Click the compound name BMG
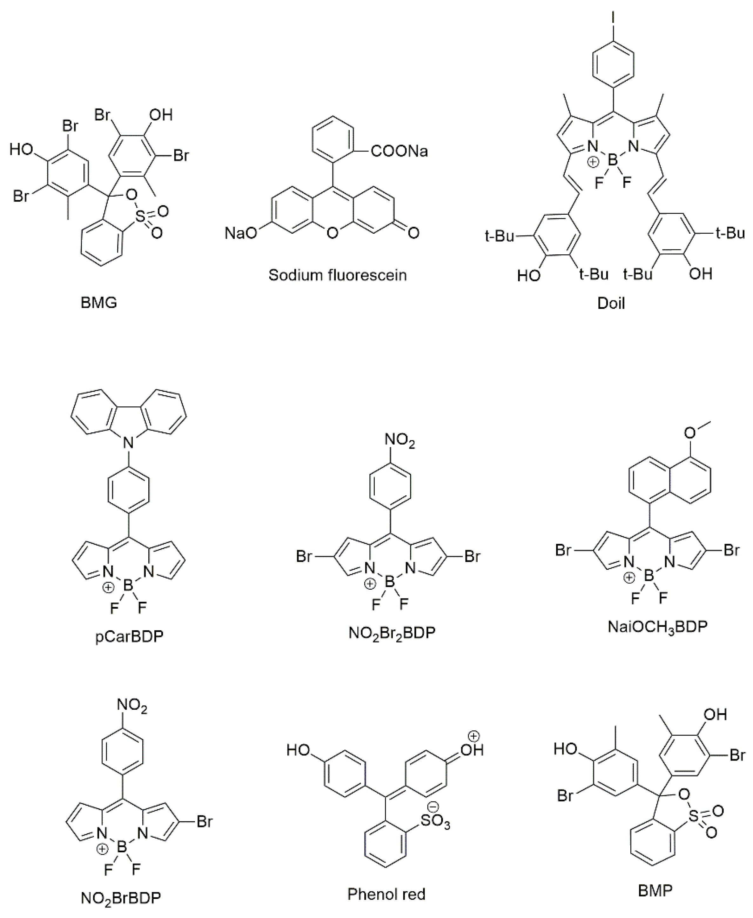pyautogui.click(x=99, y=302)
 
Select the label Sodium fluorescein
pyautogui.click(x=338, y=275)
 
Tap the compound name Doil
pyautogui.click(x=611, y=303)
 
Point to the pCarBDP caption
pyautogui.click(x=129, y=637)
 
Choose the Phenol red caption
pyautogui.click(x=386, y=894)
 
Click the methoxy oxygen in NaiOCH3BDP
pyautogui.click(x=689, y=432)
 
